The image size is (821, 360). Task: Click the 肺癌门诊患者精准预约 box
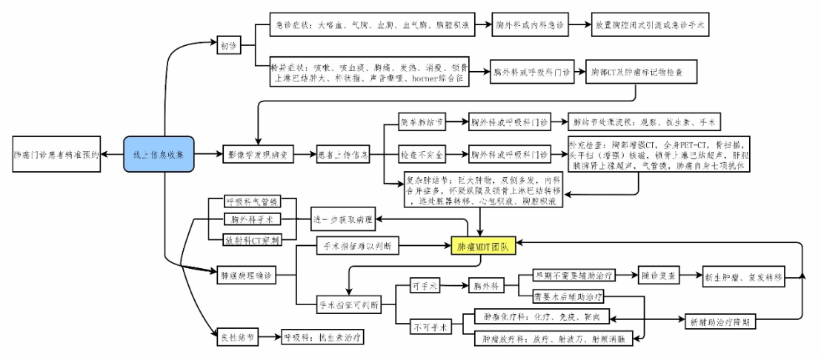coord(56,155)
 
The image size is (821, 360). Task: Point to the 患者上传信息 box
coord(344,155)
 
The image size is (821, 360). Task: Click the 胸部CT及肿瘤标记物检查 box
coord(642,72)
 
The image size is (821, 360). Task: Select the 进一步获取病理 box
coord(343,219)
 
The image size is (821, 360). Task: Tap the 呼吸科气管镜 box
coord(252,201)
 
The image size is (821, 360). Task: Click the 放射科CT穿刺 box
coord(252,239)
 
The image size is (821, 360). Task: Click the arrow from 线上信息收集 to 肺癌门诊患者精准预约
coord(112,155)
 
